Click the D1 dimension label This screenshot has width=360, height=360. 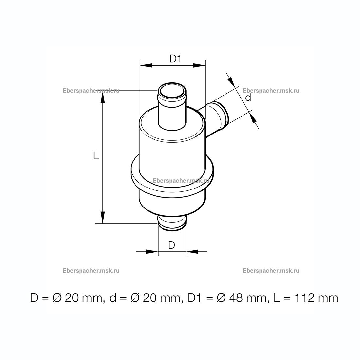point(175,59)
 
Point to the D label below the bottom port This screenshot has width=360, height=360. point(171,245)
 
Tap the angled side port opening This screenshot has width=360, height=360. point(223,114)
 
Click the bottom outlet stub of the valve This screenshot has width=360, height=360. point(172,223)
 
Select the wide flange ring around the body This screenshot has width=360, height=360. point(172,174)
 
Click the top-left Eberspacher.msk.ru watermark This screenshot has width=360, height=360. point(91,91)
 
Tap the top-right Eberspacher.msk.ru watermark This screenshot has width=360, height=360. point(271,91)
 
